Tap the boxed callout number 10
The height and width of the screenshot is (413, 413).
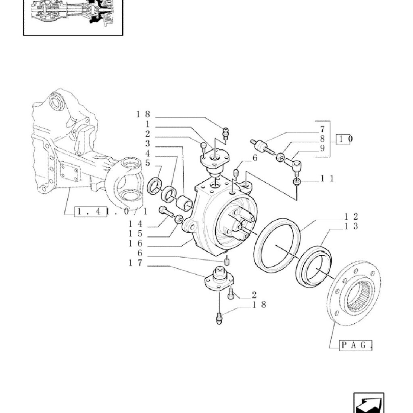345,139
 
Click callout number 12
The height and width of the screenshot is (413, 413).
351,217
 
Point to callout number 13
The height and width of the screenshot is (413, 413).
351,226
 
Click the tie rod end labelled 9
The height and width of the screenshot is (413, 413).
294,165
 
